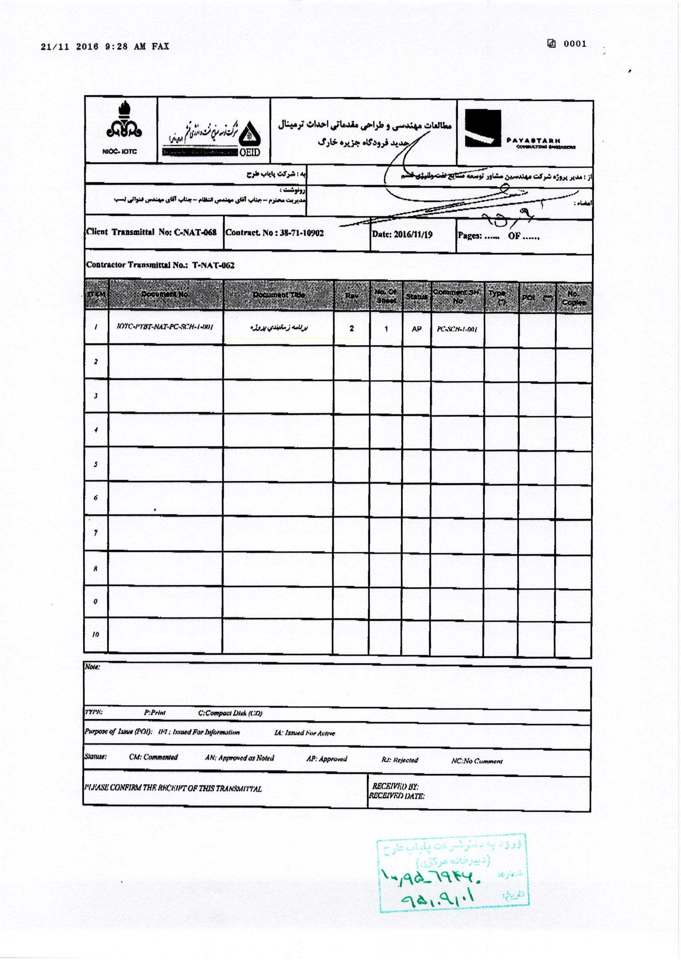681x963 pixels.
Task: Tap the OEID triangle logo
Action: (250, 134)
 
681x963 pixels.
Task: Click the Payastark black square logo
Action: (483, 129)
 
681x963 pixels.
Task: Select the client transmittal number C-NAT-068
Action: (196, 232)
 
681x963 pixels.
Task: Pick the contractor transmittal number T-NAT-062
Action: (213, 265)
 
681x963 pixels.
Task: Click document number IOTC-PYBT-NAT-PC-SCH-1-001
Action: (165, 327)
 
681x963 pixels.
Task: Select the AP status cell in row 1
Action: (416, 329)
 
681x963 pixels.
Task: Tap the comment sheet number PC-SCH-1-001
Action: (457, 330)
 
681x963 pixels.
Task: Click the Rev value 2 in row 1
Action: (351, 328)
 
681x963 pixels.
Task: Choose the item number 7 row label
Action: (96, 533)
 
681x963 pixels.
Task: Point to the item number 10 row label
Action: (96, 635)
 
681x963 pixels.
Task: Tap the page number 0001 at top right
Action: (575, 44)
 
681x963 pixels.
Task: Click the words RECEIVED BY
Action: (395, 787)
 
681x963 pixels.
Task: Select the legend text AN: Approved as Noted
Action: (240, 758)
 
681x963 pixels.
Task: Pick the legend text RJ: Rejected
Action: (400, 760)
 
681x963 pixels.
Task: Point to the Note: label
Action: (93, 667)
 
